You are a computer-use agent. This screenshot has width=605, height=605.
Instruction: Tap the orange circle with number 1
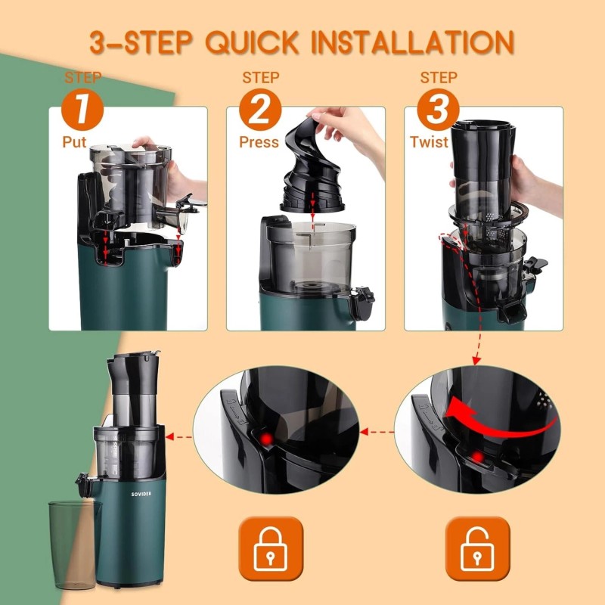point(84,111)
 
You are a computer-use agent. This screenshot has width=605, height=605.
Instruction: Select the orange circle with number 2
point(260,111)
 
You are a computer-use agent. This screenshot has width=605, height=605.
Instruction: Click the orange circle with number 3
point(438,111)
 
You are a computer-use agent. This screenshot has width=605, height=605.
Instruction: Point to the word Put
point(75,141)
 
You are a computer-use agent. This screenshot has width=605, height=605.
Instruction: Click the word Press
point(259,141)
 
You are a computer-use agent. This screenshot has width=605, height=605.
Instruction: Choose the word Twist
point(431,141)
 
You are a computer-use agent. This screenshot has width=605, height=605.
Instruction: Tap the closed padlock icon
point(271,548)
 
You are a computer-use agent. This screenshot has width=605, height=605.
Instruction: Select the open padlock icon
point(477,548)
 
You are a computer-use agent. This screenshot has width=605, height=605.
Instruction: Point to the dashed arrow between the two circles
point(377,433)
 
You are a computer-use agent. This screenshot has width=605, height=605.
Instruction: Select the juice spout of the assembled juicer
point(82,484)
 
